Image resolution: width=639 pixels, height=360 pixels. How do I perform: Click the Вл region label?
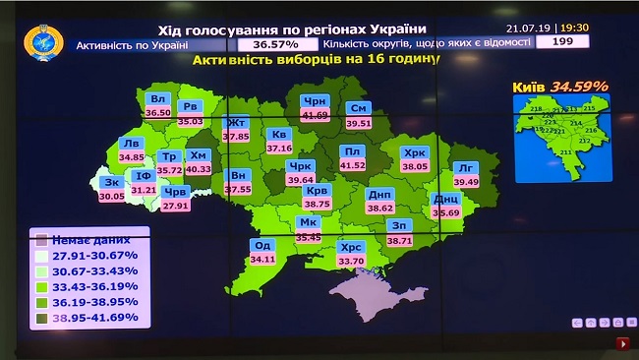[157, 99]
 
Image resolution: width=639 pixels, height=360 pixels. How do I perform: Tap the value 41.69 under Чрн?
[315, 115]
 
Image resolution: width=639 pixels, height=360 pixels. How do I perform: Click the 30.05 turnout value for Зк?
[112, 196]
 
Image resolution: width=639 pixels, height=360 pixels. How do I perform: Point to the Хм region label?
[198, 155]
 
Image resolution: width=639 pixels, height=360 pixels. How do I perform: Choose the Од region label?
[262, 246]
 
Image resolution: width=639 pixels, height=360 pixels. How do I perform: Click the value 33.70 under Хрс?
[351, 261]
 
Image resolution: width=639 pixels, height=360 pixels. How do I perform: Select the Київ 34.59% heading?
[560, 87]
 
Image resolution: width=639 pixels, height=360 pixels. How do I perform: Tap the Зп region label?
[399, 225]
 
